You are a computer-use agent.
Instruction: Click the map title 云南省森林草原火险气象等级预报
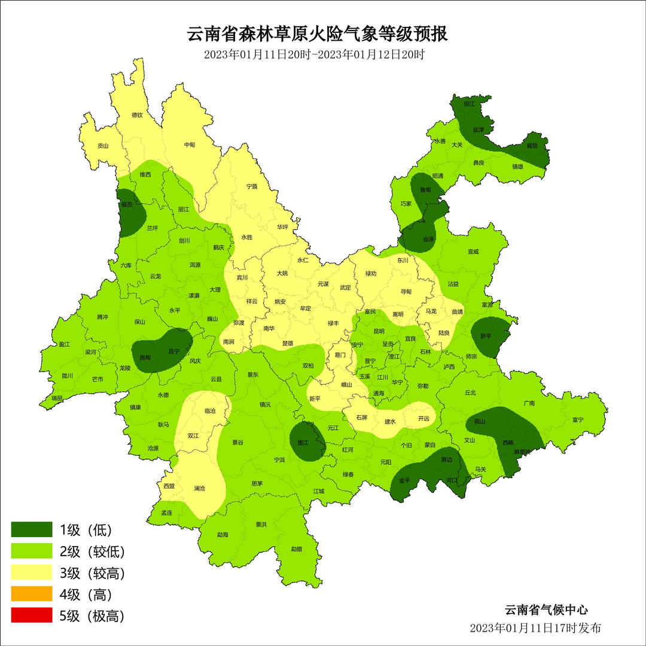[x=318, y=33]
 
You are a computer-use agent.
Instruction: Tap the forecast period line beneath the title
[x=314, y=54]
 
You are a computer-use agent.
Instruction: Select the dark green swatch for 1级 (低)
[x=32, y=529]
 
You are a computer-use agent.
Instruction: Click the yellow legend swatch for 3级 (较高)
[x=32, y=572]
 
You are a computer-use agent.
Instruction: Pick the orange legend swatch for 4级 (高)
[x=32, y=594]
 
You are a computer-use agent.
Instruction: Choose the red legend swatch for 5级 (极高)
[x=32, y=615]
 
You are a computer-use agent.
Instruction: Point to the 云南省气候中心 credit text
[x=546, y=610]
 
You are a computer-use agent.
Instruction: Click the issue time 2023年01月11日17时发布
[x=535, y=628]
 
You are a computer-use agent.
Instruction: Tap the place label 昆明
[x=379, y=331]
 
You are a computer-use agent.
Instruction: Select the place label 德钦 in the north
[x=137, y=115]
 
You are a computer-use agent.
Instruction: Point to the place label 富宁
[x=577, y=420]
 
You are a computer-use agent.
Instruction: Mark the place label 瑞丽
[x=57, y=398]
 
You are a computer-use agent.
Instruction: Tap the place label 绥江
[x=469, y=104]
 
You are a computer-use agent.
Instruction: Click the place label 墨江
[x=304, y=443]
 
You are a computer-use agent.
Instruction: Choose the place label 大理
[x=215, y=290]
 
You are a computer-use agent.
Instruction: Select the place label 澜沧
[x=199, y=489]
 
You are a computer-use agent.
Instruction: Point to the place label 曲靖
[x=457, y=312]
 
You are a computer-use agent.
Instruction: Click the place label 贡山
[x=103, y=145]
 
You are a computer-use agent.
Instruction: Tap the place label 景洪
[x=261, y=525]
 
